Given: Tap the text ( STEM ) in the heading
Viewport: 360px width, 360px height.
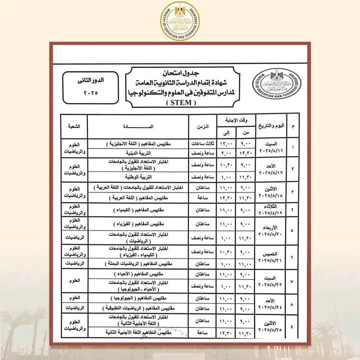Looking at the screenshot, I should [x=180, y=104].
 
